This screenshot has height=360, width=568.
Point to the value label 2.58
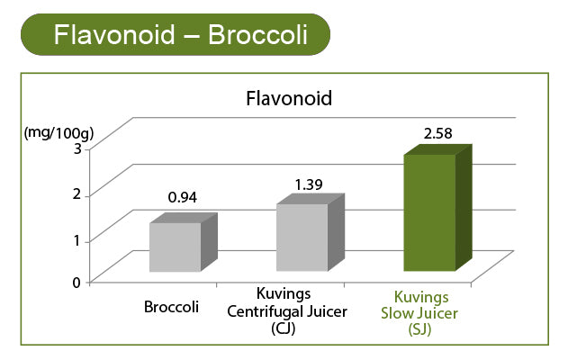click(438, 133)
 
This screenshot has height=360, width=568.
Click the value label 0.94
click(183, 197)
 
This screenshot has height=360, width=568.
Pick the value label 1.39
click(309, 184)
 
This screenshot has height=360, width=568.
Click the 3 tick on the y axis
click(77, 148)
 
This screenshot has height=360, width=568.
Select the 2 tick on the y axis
click(77, 193)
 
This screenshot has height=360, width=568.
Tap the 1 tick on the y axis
click(77, 239)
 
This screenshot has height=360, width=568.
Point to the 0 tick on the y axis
click(77, 283)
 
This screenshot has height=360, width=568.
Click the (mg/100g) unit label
click(59, 133)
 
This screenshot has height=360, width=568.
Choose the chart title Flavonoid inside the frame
click(289, 98)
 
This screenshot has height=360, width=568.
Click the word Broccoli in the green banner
click(258, 35)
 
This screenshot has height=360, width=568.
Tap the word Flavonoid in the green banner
click(114, 35)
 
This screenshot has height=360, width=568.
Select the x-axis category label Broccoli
click(171, 307)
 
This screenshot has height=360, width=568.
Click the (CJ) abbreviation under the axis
click(284, 328)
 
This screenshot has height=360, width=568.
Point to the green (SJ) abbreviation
click(419, 329)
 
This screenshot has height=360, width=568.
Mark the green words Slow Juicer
click(419, 313)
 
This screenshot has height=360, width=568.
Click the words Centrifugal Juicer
click(287, 311)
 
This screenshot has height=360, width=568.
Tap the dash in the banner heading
click(192, 36)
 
